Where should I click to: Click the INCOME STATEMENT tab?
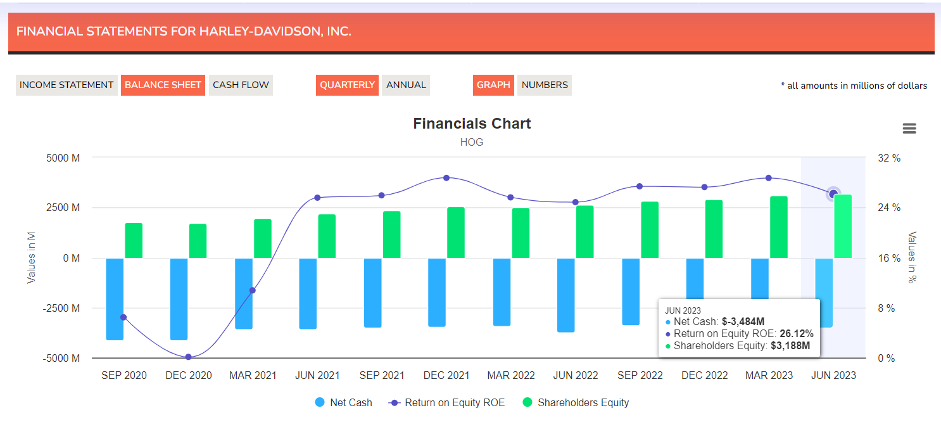66,85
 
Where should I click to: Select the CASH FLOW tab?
241,85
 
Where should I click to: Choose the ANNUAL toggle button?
406,85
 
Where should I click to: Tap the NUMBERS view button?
545,85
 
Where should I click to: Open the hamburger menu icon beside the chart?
909,129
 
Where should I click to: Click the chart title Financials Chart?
472,124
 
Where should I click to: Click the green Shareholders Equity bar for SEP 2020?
134,241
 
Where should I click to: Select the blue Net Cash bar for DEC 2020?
179,298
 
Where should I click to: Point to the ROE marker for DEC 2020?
188,357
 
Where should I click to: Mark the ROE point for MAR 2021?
253,290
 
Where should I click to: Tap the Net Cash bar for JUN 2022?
566,295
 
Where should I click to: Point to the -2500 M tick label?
62,308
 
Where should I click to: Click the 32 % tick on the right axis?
889,158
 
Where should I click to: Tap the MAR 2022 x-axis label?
511,375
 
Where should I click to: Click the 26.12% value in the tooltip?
797,334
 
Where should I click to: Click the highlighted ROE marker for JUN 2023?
834,193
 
